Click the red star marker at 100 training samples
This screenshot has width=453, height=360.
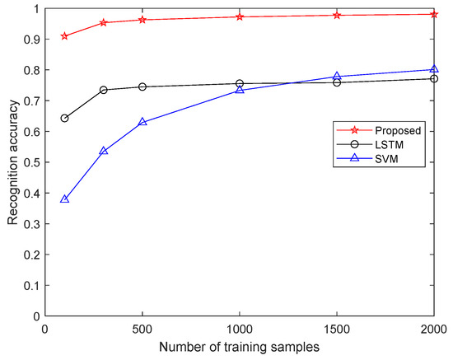coord(64,36)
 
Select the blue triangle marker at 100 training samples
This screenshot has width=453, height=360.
coord(64,199)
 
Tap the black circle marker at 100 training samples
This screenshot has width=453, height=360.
coord(64,118)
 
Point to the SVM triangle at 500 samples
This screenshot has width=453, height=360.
coord(142,122)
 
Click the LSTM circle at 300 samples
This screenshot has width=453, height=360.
coord(104,90)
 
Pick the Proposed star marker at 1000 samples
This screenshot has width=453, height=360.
coord(240,16)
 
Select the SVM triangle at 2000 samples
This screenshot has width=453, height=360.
coord(434,69)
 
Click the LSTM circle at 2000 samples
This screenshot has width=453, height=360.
coord(434,78)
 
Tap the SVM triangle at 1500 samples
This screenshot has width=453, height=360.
coord(337,76)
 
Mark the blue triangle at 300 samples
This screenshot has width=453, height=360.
coord(104,151)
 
